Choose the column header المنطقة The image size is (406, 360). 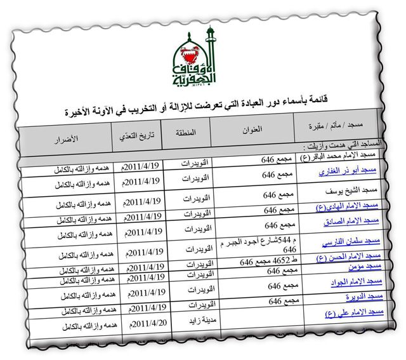[x=184, y=133]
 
